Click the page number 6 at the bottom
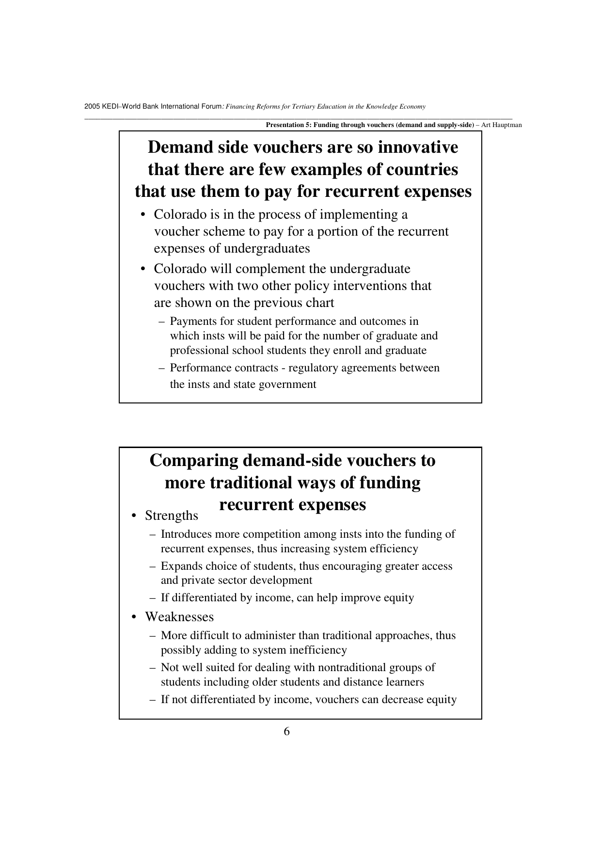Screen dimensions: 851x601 [x=287, y=732]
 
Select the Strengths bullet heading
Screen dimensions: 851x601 [x=172, y=515]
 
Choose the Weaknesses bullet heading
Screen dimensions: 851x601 [x=179, y=617]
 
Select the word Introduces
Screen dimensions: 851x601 [x=186, y=534]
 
